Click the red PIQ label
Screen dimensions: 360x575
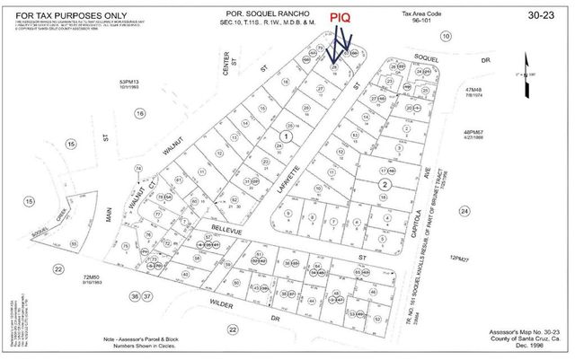[339, 15]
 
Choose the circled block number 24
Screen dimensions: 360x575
[464, 211]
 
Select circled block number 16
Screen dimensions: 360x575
[139, 113]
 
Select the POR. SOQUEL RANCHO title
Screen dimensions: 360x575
[266, 13]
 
